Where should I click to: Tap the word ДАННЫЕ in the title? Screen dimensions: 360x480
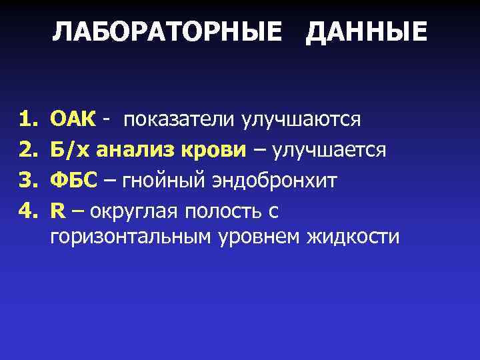(x=366, y=32)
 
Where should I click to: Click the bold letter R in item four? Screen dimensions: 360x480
(x=59, y=211)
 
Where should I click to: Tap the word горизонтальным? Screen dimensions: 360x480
(x=131, y=237)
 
